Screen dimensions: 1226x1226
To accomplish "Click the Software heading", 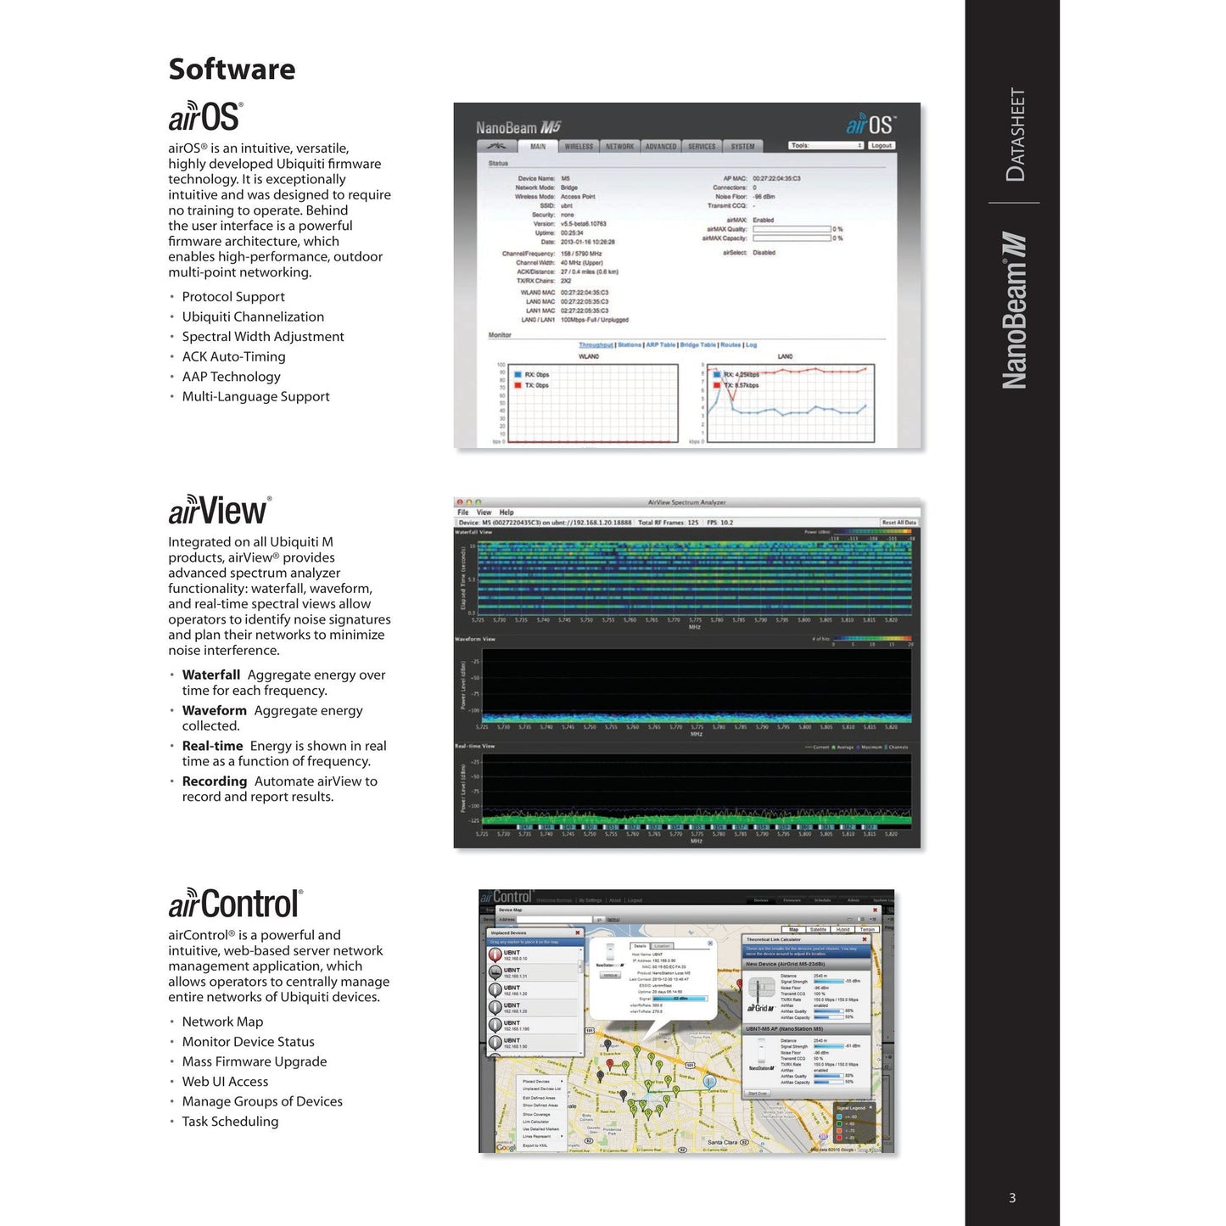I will click(x=232, y=70).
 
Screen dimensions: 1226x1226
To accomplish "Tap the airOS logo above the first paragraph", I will click(x=205, y=117).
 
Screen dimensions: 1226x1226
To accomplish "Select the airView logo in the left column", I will click(x=220, y=511).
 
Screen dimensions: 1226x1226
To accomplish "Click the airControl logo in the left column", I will click(x=235, y=904).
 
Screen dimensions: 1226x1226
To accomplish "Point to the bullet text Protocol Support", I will click(x=233, y=297).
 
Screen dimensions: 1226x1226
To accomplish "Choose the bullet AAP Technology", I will click(x=231, y=377).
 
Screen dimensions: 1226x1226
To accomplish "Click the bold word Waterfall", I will click(x=211, y=675).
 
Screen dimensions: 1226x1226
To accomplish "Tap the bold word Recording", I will click(x=215, y=781).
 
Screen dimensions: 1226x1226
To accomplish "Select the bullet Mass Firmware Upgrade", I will click(x=254, y=1061).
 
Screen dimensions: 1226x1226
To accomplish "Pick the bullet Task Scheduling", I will click(x=230, y=1122).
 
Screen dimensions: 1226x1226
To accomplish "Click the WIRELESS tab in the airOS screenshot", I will click(x=579, y=147).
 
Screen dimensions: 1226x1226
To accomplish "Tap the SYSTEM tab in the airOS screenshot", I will click(x=742, y=147).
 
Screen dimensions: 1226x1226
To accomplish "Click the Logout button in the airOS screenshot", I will click(x=882, y=146).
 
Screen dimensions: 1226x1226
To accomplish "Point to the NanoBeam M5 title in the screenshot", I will click(x=518, y=128).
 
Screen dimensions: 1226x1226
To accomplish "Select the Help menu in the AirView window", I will click(x=507, y=512).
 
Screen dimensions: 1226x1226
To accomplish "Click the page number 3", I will click(x=1012, y=1198).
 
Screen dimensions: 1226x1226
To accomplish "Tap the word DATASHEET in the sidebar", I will click(x=1015, y=135).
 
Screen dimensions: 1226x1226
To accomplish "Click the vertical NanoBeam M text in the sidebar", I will click(x=1015, y=311).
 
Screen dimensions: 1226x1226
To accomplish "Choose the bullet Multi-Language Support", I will click(x=255, y=397).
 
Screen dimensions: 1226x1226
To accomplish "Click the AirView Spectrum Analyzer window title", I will click(x=686, y=502).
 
